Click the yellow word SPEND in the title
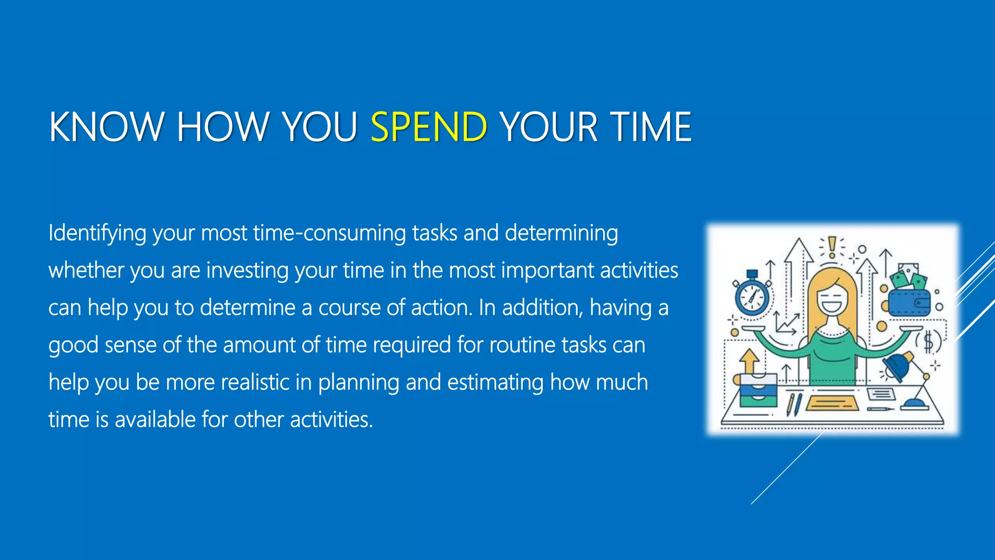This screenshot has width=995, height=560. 429,127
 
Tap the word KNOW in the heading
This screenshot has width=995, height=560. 106,127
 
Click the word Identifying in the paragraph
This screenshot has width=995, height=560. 97,233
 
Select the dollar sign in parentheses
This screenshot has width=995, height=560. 928,342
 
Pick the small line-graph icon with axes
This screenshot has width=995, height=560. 786,323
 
